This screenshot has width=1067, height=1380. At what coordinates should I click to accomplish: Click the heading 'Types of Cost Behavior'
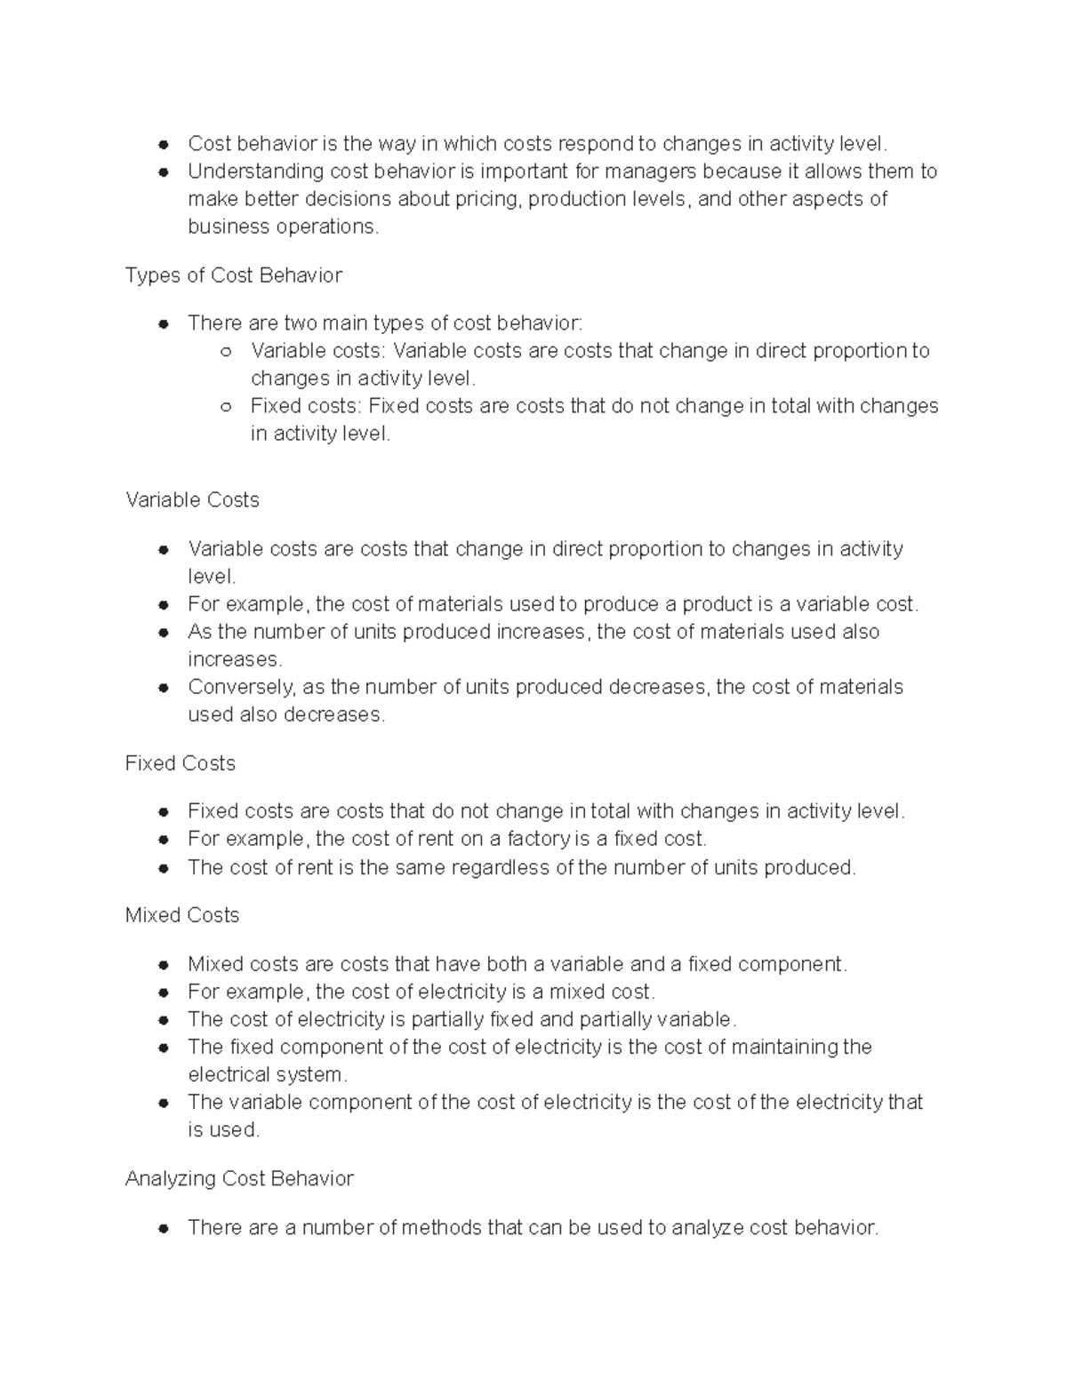point(233,275)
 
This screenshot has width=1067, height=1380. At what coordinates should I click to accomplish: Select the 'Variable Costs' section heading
point(192,500)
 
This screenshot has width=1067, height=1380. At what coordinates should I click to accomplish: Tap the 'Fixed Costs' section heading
point(180,763)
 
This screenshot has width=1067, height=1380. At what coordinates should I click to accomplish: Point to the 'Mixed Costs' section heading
point(182,915)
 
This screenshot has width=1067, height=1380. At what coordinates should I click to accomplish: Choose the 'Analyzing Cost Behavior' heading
point(239,1178)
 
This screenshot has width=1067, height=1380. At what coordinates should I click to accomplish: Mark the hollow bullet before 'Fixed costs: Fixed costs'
point(226,407)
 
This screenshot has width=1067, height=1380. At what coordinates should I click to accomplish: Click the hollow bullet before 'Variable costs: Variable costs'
point(226,352)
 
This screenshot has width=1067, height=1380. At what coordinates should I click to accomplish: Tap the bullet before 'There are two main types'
point(164,324)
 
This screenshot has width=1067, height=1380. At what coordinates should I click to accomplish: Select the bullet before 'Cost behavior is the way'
point(164,144)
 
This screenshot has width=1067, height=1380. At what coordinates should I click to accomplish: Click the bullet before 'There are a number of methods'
point(164,1229)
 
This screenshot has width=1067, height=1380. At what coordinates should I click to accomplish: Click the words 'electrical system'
point(264,1074)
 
